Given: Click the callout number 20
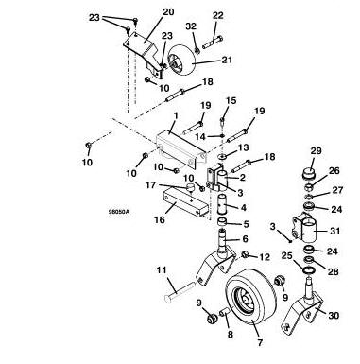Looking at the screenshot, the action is pyautogui.click(x=168, y=12).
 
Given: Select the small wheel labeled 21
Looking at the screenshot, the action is pyautogui.click(x=182, y=60).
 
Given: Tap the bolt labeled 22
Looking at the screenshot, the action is pyautogui.click(x=213, y=43).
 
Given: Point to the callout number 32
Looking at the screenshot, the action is pyautogui.click(x=191, y=26).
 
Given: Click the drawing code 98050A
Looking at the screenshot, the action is pyautogui.click(x=119, y=212).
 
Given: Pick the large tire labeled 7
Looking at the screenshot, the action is pyautogui.click(x=251, y=297).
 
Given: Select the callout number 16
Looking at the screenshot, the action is pyautogui.click(x=160, y=219).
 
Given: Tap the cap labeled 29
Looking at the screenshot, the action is pyautogui.click(x=308, y=174).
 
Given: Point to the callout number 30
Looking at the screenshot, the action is pyautogui.click(x=334, y=315).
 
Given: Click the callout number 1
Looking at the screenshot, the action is pyautogui.click(x=176, y=115).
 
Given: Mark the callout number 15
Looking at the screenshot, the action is pyautogui.click(x=231, y=101).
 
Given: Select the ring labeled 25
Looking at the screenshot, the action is pyautogui.click(x=310, y=270).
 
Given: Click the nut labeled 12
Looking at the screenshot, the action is pyautogui.click(x=245, y=253).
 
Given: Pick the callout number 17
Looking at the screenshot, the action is pyautogui.click(x=150, y=185).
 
